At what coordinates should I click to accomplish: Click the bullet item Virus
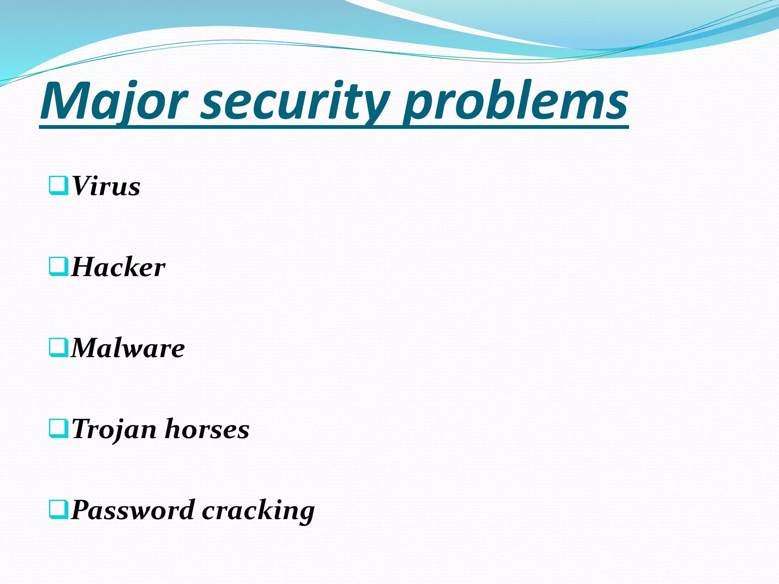(x=106, y=186)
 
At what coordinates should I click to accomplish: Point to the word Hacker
(x=118, y=267)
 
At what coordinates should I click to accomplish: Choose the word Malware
(x=128, y=348)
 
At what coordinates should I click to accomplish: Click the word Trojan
(x=114, y=430)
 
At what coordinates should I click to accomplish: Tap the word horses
(x=207, y=430)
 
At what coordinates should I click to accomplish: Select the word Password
(x=133, y=510)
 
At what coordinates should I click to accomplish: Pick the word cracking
(x=258, y=510)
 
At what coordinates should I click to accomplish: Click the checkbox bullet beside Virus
(x=59, y=185)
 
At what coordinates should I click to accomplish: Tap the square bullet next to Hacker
(x=59, y=266)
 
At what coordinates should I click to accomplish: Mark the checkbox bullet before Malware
(x=59, y=347)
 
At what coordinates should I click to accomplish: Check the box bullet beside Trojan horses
(x=59, y=428)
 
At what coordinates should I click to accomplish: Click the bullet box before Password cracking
(x=59, y=509)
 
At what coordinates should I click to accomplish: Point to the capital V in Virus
(x=82, y=186)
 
